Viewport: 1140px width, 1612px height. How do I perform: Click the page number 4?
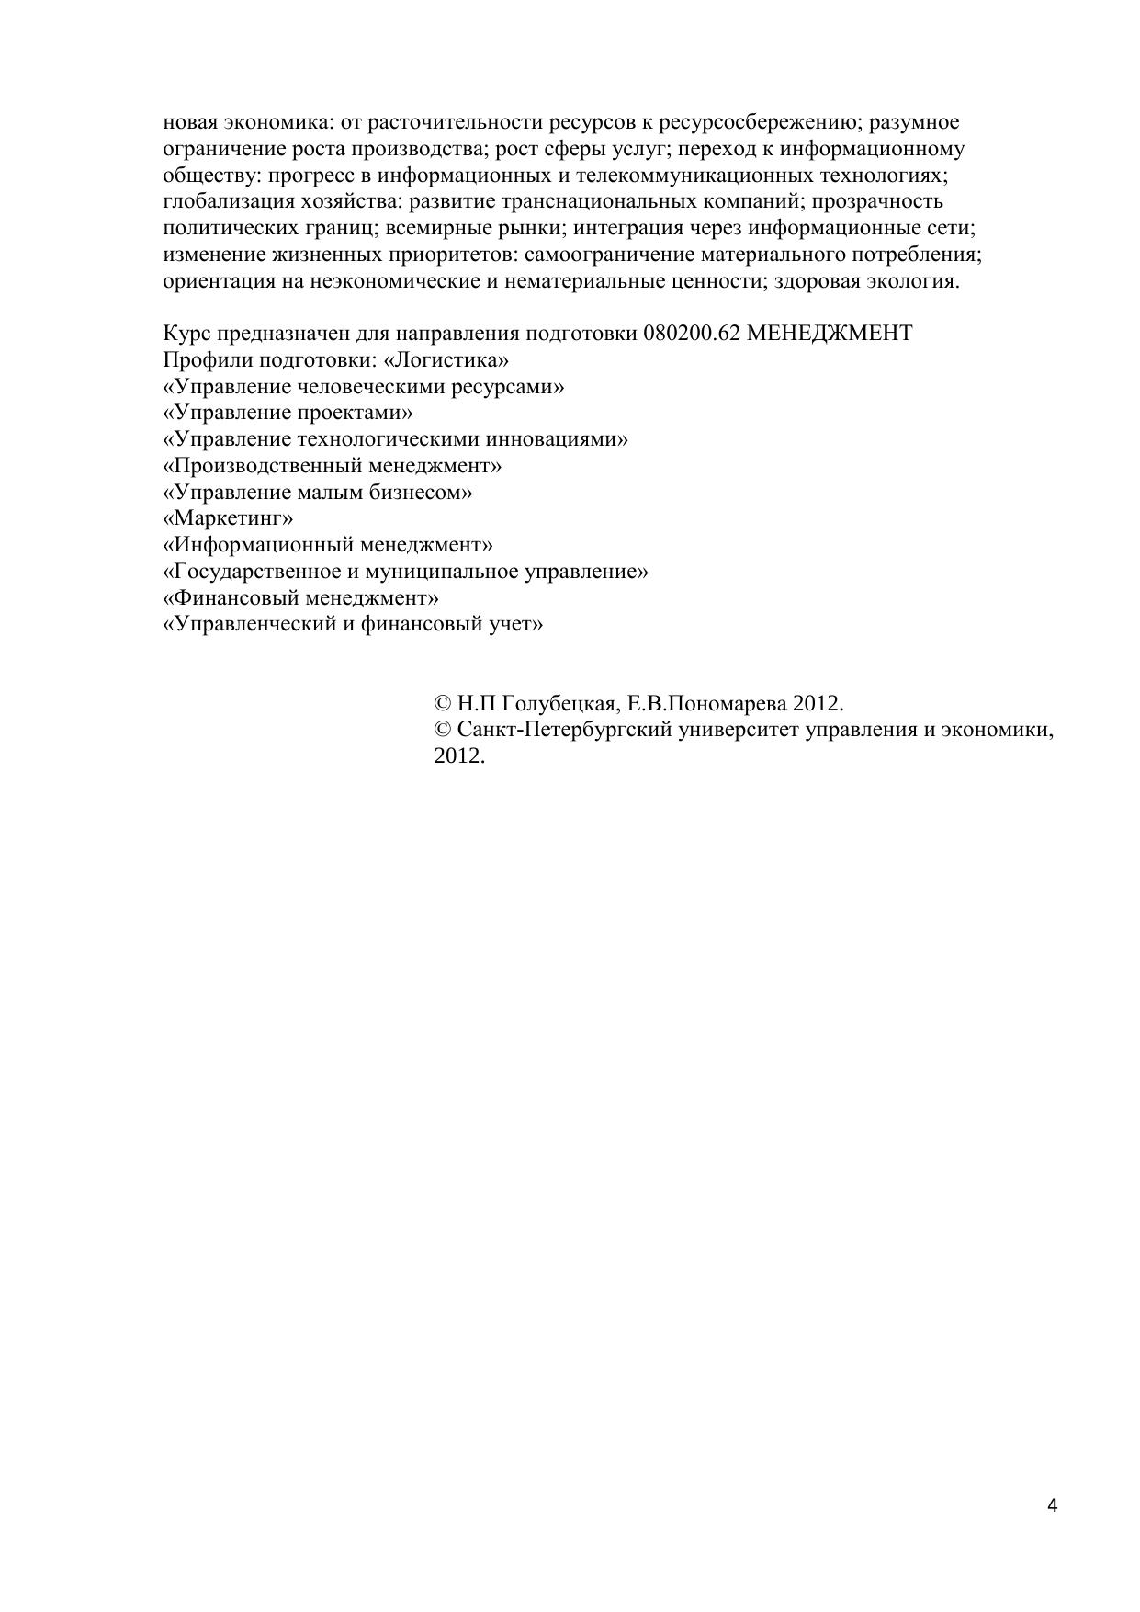pos(1052,1505)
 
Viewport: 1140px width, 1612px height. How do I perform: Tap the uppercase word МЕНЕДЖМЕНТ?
pos(830,333)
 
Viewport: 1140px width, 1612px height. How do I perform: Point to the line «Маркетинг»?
pos(228,518)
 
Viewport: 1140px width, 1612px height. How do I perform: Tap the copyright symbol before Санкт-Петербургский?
pos(442,731)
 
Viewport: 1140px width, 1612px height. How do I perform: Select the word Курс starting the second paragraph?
pos(186,333)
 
